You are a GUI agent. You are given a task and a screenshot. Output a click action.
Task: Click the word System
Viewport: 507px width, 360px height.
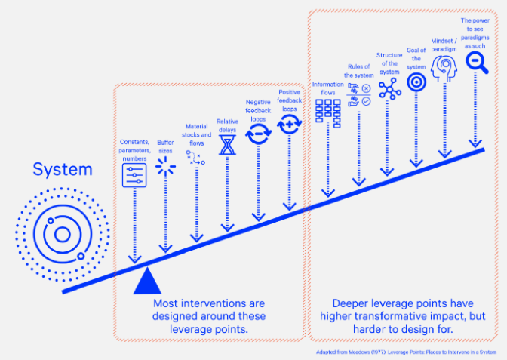tap(63, 170)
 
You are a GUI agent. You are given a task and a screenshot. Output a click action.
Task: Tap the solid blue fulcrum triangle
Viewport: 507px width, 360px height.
tap(147, 282)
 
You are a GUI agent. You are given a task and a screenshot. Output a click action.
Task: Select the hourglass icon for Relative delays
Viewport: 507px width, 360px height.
tap(227, 145)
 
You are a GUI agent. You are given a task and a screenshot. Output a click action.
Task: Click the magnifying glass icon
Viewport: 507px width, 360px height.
tap(477, 63)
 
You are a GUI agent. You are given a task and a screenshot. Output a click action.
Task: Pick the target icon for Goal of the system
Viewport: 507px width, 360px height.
tap(416, 82)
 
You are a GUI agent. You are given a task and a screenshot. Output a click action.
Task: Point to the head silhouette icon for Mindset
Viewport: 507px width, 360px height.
tap(444, 68)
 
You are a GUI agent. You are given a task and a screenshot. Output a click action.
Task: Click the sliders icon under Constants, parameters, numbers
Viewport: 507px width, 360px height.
tap(134, 175)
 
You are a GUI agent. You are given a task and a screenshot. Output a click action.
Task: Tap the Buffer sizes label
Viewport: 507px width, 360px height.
tap(165, 146)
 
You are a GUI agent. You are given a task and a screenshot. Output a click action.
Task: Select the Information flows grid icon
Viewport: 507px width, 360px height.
tap(328, 113)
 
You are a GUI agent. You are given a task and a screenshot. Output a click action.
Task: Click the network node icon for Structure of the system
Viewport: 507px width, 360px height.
tap(390, 88)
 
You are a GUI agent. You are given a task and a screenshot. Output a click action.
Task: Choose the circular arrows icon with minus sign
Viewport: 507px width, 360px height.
tap(258, 134)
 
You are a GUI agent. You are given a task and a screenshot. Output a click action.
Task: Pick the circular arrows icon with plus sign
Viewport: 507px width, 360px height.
tap(290, 124)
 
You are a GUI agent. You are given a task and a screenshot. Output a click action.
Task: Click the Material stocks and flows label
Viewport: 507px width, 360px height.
tap(197, 134)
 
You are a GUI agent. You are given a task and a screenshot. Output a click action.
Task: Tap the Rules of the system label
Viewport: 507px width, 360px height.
tap(358, 71)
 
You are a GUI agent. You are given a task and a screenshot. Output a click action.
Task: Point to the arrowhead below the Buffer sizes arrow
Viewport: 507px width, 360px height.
tap(165, 249)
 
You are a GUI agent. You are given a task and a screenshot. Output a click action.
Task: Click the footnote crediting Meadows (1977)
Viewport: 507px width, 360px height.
tap(406, 352)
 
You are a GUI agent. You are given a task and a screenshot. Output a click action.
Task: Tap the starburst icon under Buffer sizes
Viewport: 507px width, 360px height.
tap(165, 167)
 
